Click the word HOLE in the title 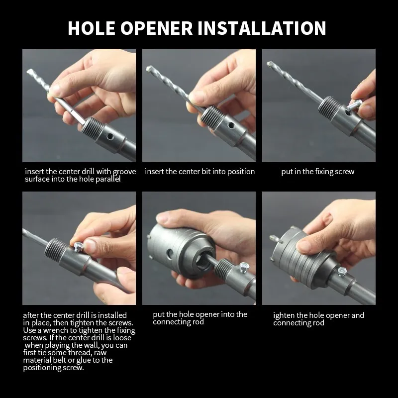92,28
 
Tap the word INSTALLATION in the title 262,28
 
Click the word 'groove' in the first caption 124,172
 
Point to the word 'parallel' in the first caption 108,179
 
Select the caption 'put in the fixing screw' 317,172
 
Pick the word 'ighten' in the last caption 284,315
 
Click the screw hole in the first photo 109,136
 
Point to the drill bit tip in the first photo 28,71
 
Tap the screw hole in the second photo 231,125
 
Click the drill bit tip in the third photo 269,63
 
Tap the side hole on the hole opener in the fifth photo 169,253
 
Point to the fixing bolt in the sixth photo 342,272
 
